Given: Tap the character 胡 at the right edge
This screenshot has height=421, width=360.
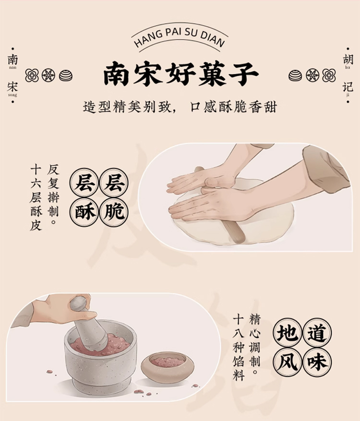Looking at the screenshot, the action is click(348, 59).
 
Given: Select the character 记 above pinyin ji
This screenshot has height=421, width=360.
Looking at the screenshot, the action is click(348, 87).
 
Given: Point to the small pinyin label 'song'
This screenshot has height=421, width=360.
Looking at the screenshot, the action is click(12, 95).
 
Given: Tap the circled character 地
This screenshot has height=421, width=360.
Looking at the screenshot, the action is click(288, 333).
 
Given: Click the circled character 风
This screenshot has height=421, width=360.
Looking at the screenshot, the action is click(288, 362).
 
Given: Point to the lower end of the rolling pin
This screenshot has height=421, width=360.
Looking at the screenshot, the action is click(237, 240).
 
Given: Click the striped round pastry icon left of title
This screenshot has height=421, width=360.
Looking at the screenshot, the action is click(66, 75).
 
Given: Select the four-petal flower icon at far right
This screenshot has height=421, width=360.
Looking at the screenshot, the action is click(329, 75).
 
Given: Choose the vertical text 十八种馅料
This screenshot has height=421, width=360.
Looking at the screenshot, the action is click(239, 348).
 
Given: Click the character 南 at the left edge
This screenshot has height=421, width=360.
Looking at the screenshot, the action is click(12, 60).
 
